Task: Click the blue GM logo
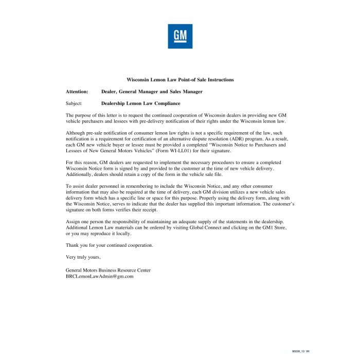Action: pyautogui.click(x=180, y=36)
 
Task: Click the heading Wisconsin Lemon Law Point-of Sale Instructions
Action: pyautogui.click(x=180, y=80)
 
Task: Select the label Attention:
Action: pyautogui.click(x=77, y=92)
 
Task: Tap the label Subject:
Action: pyautogui.click(x=74, y=103)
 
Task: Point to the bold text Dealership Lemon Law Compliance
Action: pyautogui.click(x=140, y=103)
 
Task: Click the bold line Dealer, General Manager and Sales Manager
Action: pyautogui.click(x=152, y=92)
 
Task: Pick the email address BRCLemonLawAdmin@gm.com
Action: pyautogui.click(x=100, y=276)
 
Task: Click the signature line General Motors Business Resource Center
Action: pyautogui.click(x=108, y=270)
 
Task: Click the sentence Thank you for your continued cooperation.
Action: pyautogui.click(x=109, y=245)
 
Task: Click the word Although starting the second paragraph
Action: pyautogui.click(x=76, y=133)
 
